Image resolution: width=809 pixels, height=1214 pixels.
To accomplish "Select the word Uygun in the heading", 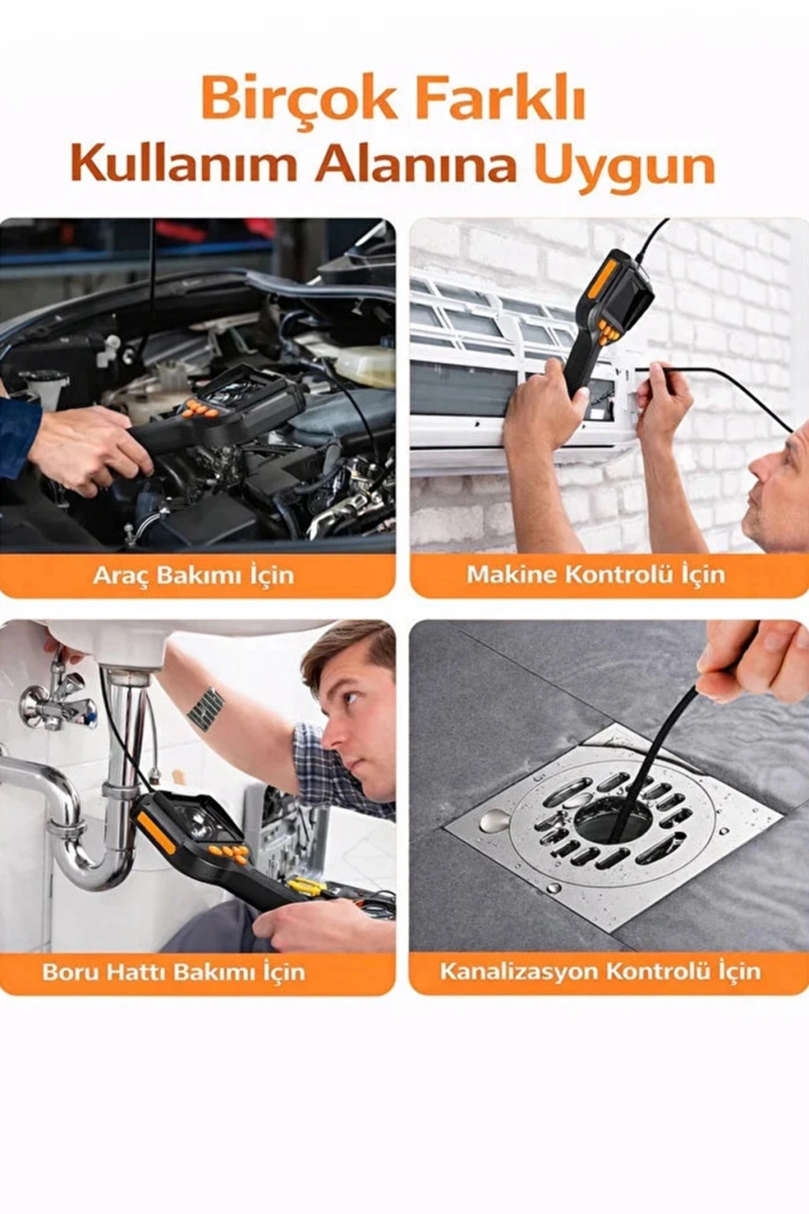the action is [625, 169].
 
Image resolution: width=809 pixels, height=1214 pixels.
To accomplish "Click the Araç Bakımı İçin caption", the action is [194, 575].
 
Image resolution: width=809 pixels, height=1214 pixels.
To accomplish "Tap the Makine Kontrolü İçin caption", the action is [596, 574].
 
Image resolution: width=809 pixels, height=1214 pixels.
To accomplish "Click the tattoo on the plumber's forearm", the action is [205, 707].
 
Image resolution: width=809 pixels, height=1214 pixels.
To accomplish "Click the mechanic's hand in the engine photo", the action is [89, 450].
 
